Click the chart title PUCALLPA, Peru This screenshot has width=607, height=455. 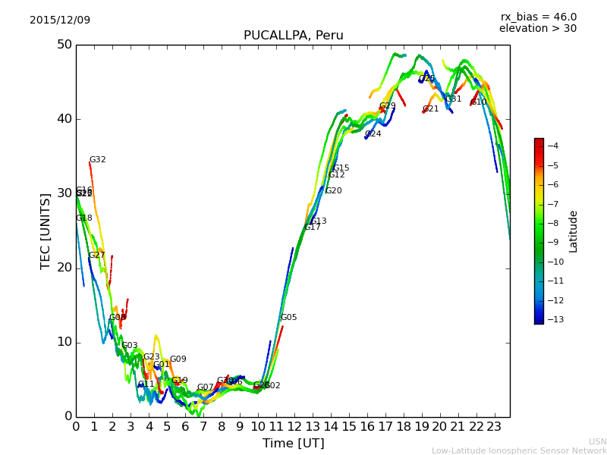pos(293,36)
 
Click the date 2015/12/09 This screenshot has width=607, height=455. pos(60,20)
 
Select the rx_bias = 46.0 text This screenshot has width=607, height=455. pos(538,17)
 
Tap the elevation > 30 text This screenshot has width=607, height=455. pos(537,29)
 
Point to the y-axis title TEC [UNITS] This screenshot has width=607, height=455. pos(46,231)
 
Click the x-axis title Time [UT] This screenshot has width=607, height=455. pos(293,443)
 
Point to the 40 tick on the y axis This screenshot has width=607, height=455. pos(64,118)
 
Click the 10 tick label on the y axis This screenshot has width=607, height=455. pos(64,342)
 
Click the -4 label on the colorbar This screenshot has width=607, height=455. pos(552,146)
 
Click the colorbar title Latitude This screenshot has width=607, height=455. pos(574,231)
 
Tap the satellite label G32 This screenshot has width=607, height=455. pos(98,160)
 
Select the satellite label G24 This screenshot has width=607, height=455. pos(373,134)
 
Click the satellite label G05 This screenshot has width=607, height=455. pos(289,318)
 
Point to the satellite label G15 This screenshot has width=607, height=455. pos(341,168)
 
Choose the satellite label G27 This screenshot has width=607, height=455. pos(97,256)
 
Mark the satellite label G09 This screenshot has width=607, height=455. pos(178,359)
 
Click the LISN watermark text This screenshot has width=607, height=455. pos(598,441)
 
